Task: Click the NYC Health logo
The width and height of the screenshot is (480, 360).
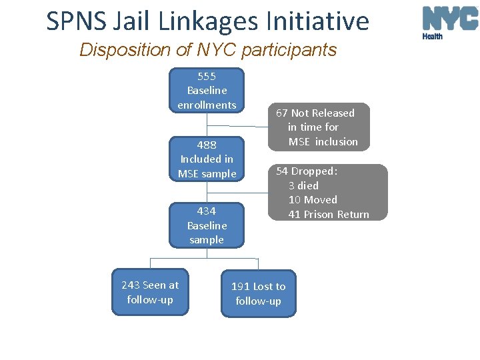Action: pos(450,21)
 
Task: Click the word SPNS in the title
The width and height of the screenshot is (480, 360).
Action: pos(75,21)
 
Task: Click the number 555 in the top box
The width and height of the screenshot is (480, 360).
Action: pos(207,76)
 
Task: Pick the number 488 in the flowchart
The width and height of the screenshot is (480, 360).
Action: pos(207,145)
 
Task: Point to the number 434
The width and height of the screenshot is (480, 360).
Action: pos(207,211)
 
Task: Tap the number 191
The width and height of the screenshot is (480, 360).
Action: pos(240,287)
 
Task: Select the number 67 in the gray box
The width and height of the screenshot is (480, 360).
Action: pos(282,113)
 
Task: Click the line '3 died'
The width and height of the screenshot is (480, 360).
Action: pos(303,185)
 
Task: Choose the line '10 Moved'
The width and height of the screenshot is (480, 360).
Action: pos(313,199)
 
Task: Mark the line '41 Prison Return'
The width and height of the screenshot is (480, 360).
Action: pos(329,214)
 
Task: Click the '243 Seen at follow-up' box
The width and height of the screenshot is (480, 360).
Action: pos(150,292)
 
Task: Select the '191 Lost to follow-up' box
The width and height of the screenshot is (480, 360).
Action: pos(258,293)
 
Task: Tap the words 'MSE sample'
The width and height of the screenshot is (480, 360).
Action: pos(207,174)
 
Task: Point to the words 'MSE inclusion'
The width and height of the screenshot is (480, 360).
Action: pos(323,141)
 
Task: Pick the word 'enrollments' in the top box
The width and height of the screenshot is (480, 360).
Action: pos(207,105)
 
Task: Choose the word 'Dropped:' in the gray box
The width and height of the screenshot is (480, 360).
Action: pos(315,171)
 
